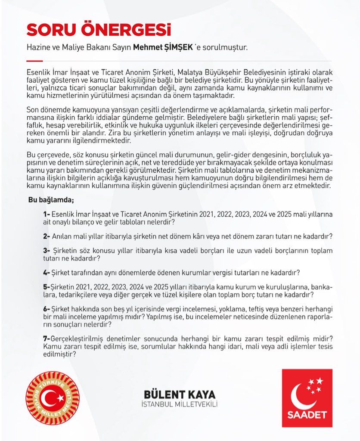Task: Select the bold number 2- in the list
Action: coord(47,236)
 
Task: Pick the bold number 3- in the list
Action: coord(47,251)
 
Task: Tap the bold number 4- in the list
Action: coord(47,273)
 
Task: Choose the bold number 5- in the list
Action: coord(47,287)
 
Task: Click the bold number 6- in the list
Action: coord(47,309)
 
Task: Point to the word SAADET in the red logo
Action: coord(307,416)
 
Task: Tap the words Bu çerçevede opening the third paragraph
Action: coord(47,155)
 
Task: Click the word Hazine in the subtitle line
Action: coord(37,47)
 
